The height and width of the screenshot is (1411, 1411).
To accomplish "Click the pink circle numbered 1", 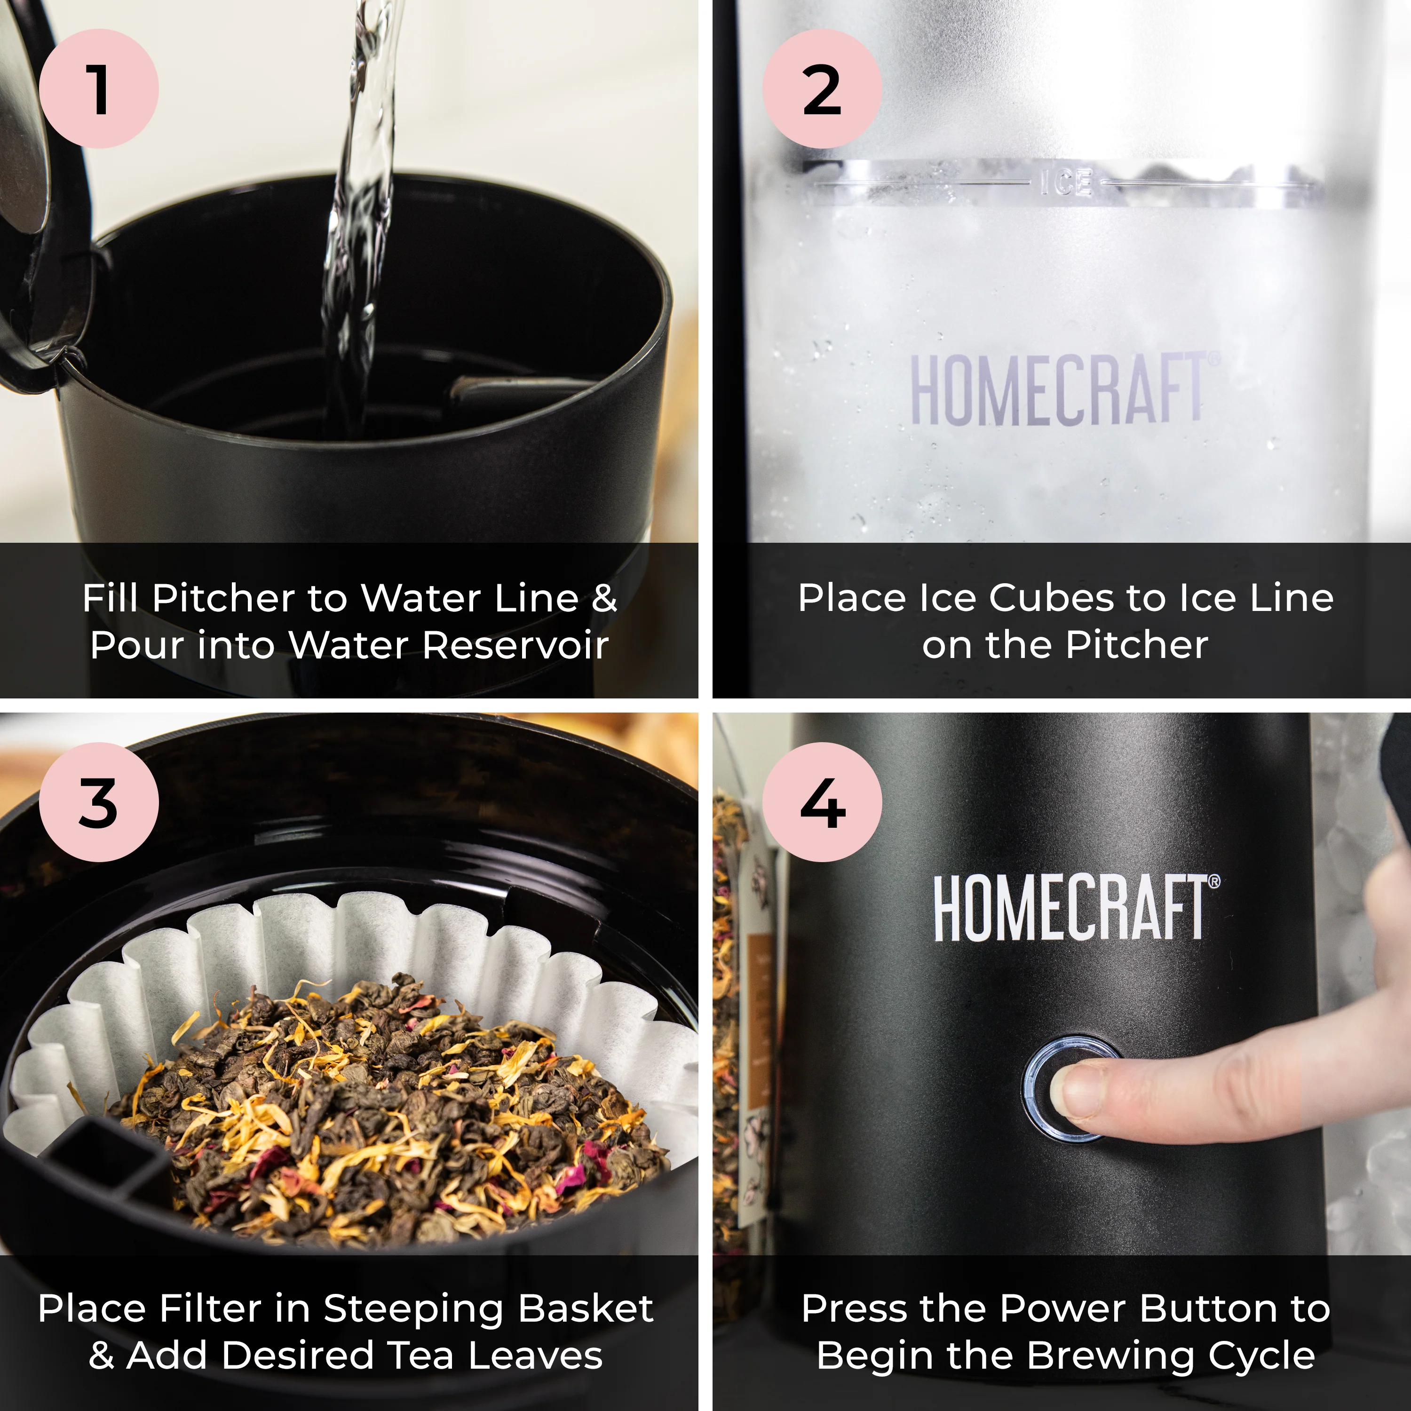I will [x=99, y=88].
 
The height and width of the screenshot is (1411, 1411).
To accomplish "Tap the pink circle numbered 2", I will [x=822, y=88].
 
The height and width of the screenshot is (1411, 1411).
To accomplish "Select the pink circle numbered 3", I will [x=99, y=802].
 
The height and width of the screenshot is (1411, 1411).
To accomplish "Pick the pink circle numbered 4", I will [x=822, y=802].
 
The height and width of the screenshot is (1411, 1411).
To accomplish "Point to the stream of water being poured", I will [x=358, y=219].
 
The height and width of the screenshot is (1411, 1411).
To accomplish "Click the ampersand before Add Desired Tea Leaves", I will [x=102, y=1356].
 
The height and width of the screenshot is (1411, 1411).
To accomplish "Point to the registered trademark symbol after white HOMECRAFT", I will [x=1214, y=881].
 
